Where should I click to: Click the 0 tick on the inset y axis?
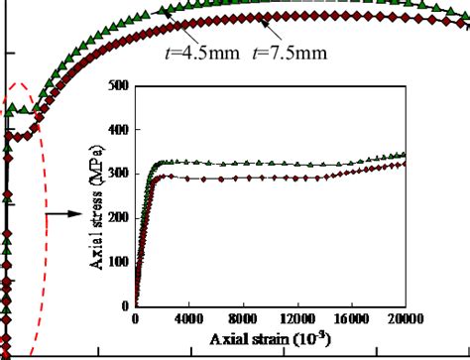click(x=126, y=306)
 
